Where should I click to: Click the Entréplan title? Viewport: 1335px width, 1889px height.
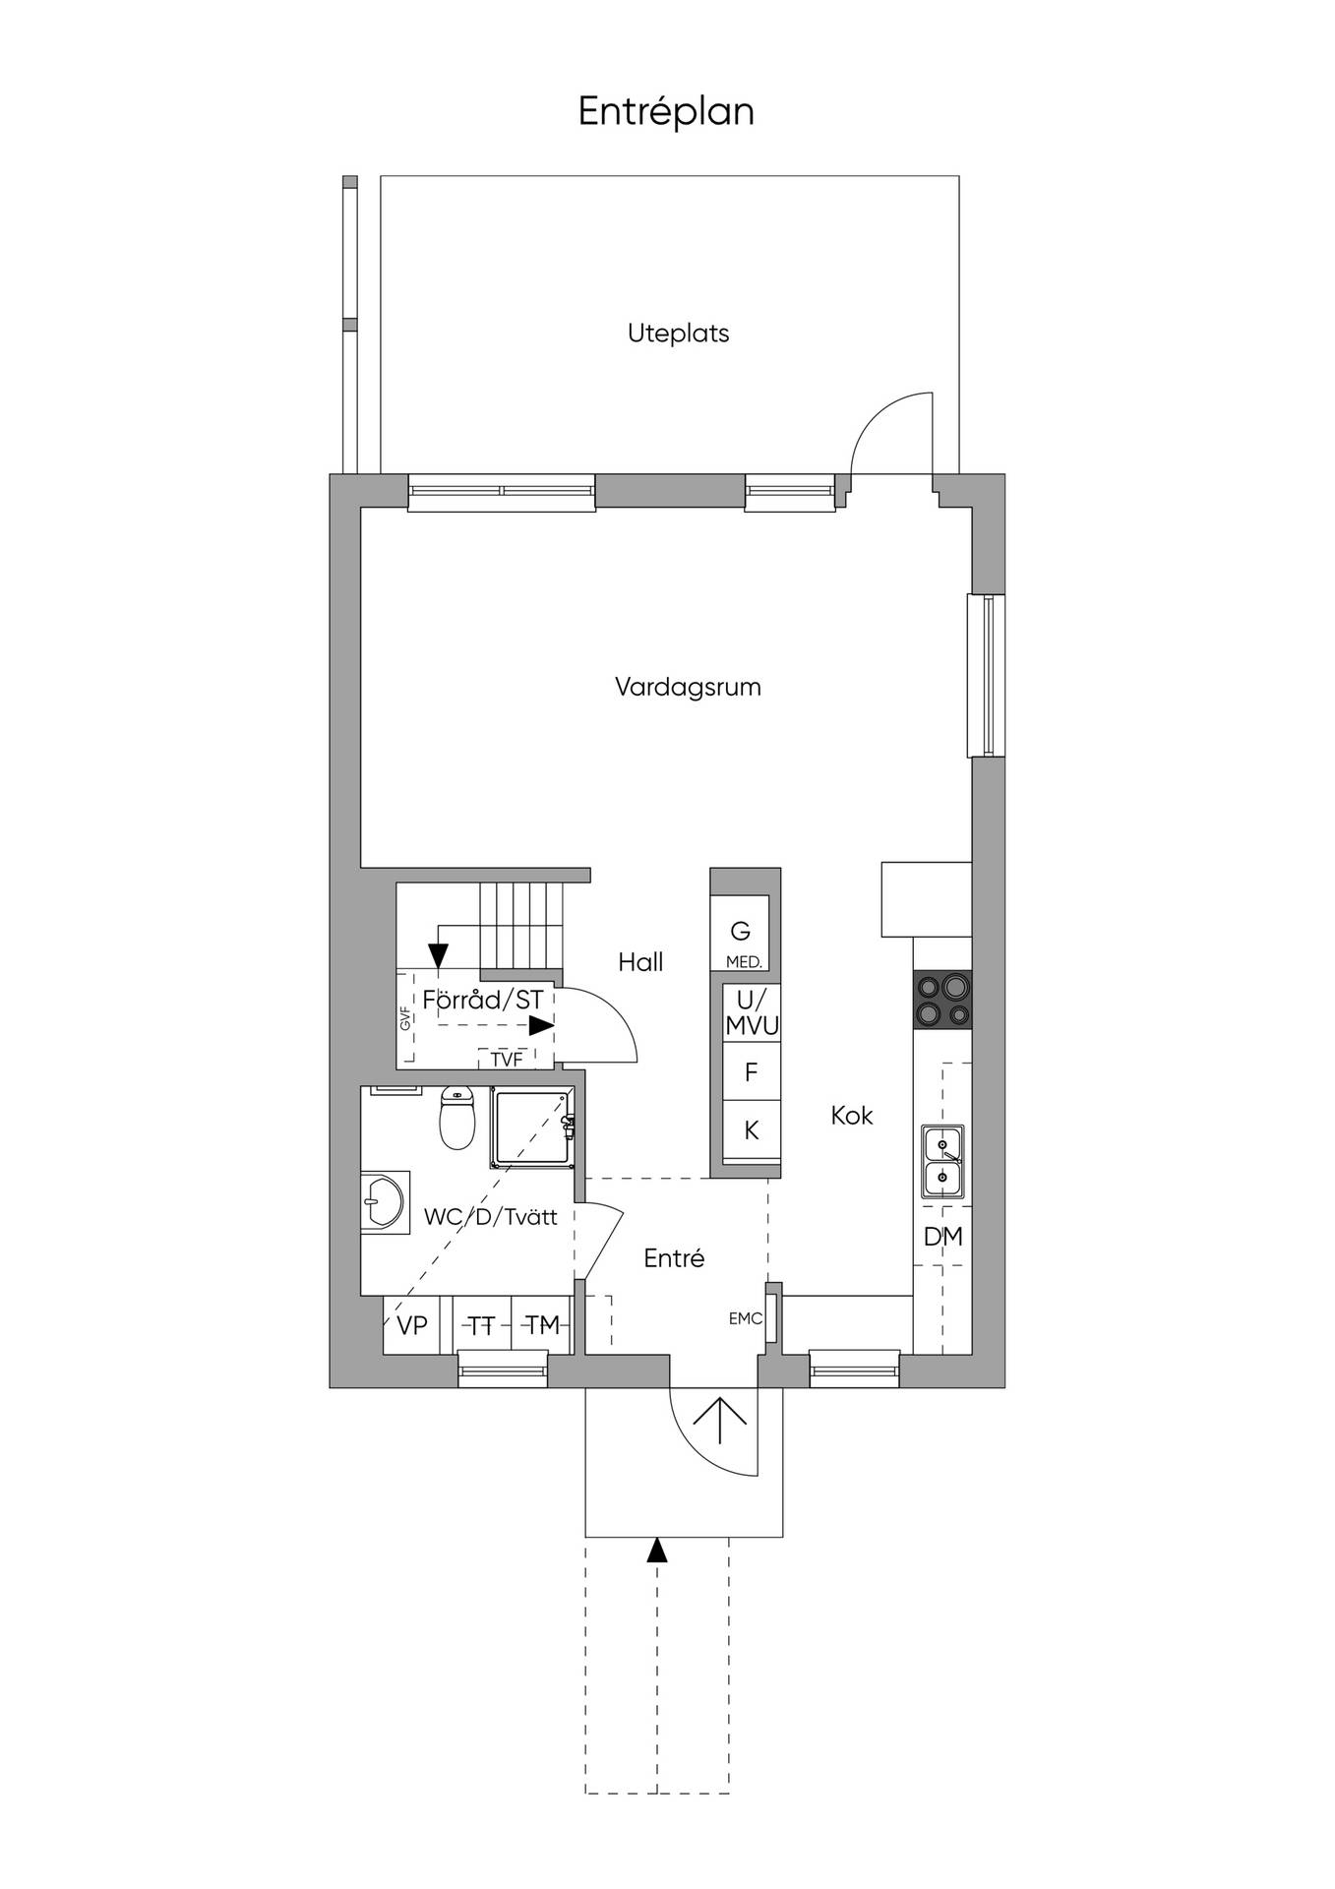[x=666, y=112]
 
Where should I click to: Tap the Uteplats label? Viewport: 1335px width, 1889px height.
[x=679, y=334]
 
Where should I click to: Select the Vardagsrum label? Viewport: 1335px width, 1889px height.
[x=688, y=687]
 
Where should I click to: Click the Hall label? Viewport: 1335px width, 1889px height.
[x=640, y=962]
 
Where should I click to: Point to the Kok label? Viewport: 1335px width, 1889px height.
[x=852, y=1116]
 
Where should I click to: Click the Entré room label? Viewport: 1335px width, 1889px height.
[x=674, y=1258]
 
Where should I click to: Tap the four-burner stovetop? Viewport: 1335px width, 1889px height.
[x=942, y=1000]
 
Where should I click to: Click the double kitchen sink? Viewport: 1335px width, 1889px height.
[x=942, y=1161]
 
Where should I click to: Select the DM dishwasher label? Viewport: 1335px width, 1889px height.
[x=943, y=1237]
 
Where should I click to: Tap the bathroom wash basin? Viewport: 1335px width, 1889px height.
[x=385, y=1201]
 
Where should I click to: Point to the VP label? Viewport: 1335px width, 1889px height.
[x=412, y=1326]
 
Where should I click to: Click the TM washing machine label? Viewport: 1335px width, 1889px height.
[x=542, y=1326]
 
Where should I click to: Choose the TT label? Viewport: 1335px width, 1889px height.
[x=481, y=1326]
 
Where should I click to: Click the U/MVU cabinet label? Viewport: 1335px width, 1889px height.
[x=752, y=1013]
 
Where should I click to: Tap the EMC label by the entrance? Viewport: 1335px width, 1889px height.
[x=746, y=1319]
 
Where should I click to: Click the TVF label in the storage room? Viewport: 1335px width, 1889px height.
[x=507, y=1060]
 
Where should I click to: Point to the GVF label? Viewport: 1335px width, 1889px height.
[x=404, y=1018]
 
